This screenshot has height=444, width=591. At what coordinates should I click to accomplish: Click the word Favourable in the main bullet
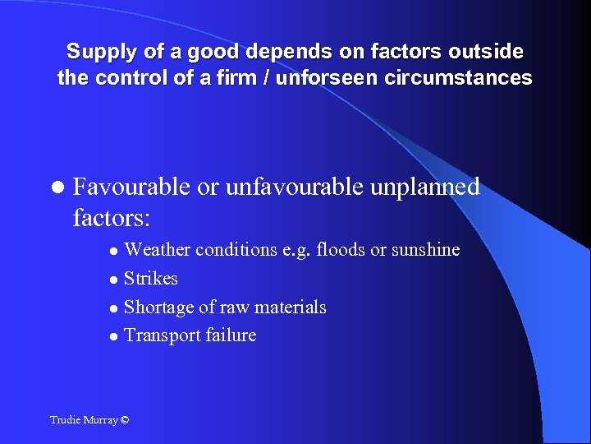tap(132, 187)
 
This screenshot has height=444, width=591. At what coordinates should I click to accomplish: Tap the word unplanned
tap(425, 187)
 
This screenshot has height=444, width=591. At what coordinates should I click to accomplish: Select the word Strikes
tap(150, 279)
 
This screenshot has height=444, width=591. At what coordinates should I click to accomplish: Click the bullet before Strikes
tap(114, 280)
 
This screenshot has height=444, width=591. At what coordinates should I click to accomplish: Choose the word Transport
tap(160, 335)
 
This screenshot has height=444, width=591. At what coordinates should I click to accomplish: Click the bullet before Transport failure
tap(114, 336)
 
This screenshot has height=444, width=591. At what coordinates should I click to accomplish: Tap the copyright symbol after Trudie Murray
tap(124, 420)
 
